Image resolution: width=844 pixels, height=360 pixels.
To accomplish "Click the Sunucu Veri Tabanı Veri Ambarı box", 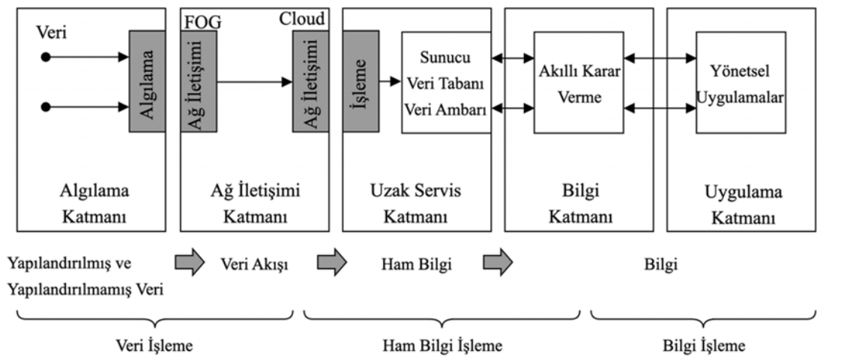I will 446,82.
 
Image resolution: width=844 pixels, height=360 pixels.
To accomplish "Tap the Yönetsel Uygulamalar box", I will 740,82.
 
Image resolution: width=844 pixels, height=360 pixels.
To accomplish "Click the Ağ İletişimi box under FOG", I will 199,82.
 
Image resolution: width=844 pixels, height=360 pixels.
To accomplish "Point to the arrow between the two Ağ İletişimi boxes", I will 254,82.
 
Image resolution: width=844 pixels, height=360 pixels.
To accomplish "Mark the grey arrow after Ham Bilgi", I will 497,263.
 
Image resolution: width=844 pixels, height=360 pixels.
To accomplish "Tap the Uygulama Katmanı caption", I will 744,203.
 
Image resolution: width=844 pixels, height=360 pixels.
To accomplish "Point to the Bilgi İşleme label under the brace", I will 704,346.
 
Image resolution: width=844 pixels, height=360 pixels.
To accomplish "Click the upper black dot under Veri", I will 46,57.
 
